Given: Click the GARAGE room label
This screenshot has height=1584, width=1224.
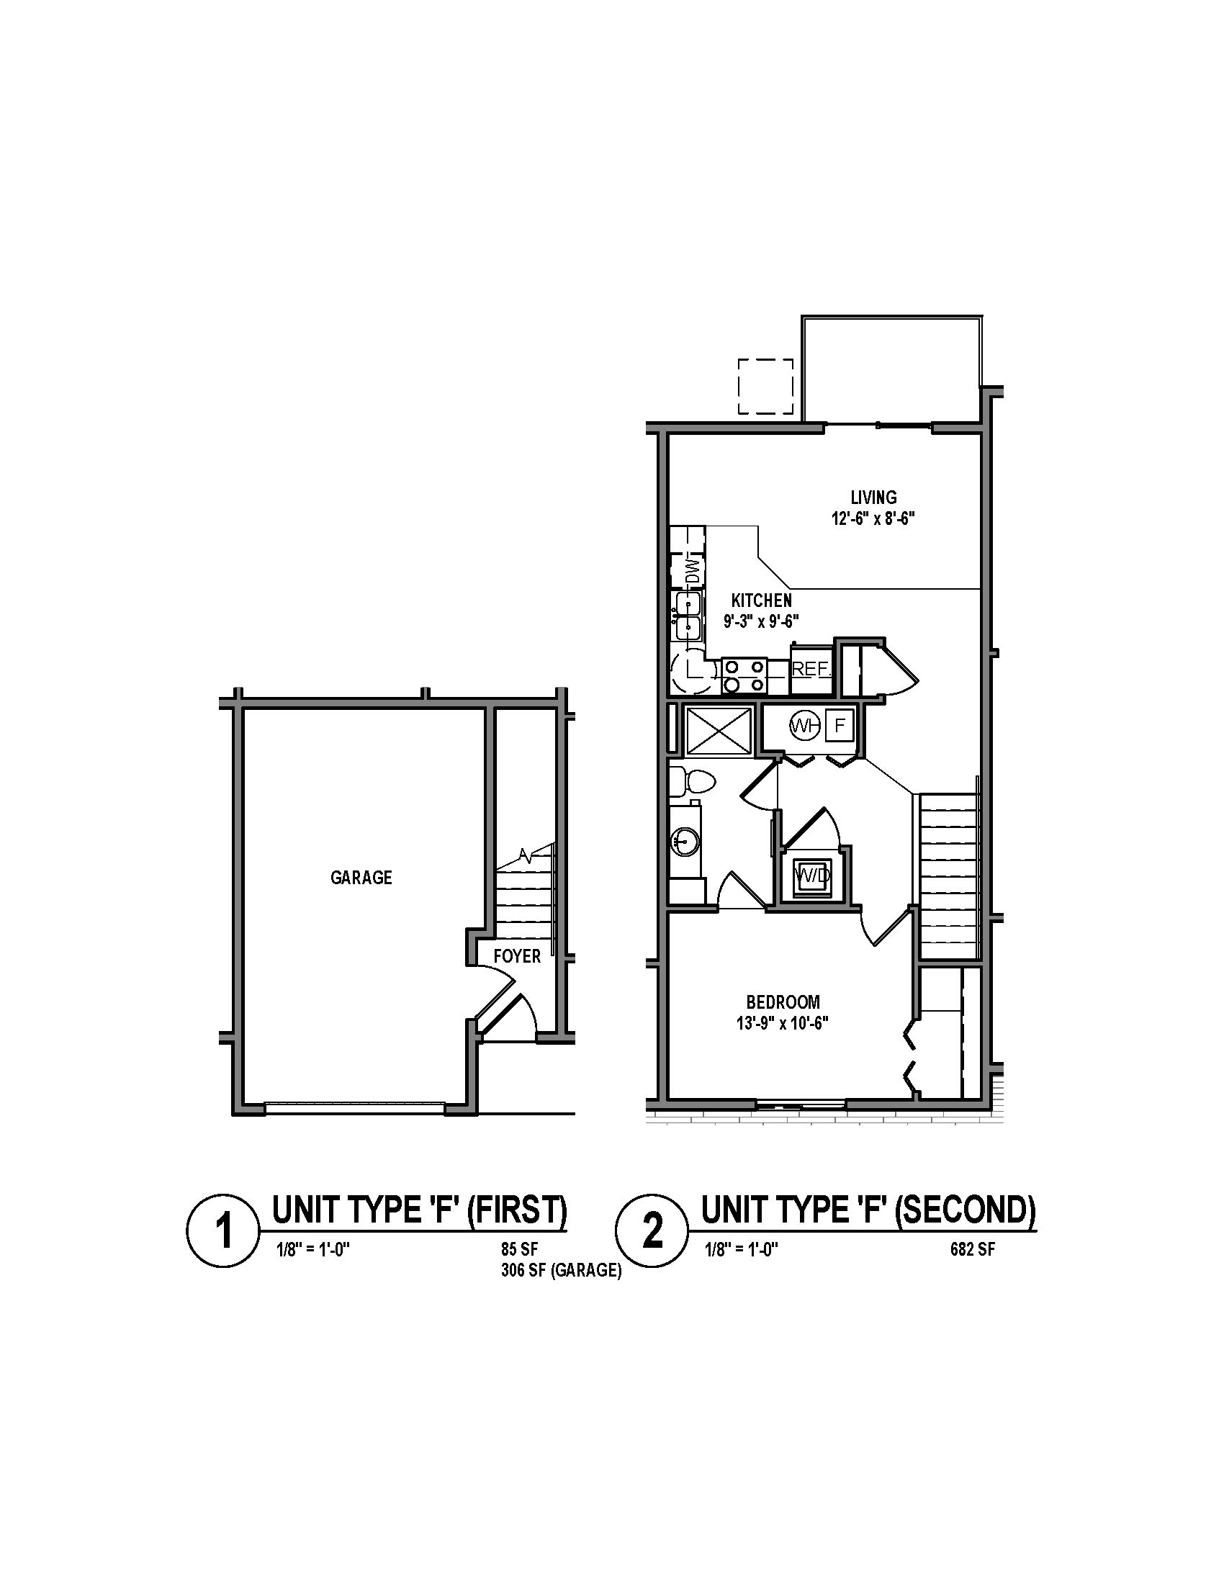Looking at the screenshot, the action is (x=361, y=878).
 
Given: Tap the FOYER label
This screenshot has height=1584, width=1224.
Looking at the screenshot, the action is (x=517, y=956).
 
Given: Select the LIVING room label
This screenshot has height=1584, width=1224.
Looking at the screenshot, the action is (x=874, y=498).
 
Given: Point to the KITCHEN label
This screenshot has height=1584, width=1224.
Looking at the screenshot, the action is (x=761, y=600).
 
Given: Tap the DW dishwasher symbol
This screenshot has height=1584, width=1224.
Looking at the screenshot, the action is (x=695, y=570).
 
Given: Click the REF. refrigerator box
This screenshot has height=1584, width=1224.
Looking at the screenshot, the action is (x=810, y=669).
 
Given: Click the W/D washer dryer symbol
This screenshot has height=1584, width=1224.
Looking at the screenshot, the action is (x=812, y=876).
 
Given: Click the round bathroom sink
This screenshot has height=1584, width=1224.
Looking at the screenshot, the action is (x=684, y=842).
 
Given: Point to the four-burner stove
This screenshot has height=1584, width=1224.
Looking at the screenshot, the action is (x=744, y=675).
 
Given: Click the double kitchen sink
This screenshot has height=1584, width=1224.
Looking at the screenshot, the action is (x=688, y=616).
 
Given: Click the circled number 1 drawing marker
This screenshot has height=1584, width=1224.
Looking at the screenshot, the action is (x=223, y=1232).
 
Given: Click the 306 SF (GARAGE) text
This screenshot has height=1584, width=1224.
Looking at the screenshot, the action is (x=560, y=1271).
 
